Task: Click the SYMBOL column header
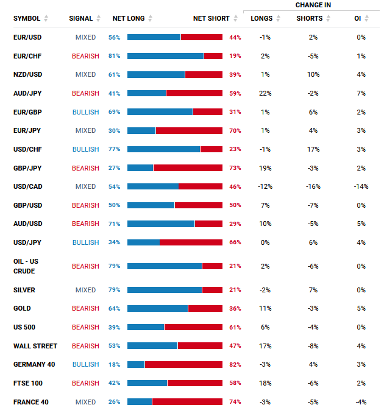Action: click(27, 18)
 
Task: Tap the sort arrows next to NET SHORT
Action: click(235, 18)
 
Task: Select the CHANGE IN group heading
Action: click(313, 5)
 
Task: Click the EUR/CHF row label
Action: click(27, 56)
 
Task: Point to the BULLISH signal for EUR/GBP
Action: click(85, 112)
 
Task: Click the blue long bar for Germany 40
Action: click(136, 364)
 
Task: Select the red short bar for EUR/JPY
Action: click(189, 131)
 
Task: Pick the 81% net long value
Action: click(114, 56)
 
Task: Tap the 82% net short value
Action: click(235, 364)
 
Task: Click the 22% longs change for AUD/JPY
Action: click(265, 93)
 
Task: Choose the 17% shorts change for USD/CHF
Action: click(313, 149)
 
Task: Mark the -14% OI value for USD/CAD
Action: click(361, 187)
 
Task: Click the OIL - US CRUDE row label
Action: click(26, 266)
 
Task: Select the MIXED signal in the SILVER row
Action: click(85, 290)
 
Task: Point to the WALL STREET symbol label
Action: click(35, 346)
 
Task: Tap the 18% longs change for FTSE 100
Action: click(265, 383)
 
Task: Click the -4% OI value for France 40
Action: click(361, 402)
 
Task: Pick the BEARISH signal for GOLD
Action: click(85, 309)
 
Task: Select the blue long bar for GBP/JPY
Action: click(140, 168)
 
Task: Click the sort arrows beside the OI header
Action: click(367, 18)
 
